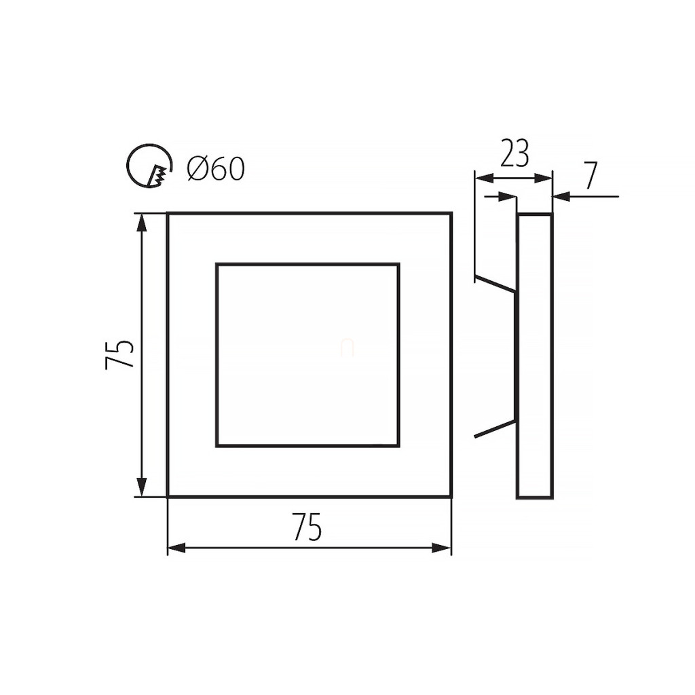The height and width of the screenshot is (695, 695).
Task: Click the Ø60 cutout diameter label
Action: [216, 169]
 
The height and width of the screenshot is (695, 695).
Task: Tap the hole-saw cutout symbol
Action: [149, 166]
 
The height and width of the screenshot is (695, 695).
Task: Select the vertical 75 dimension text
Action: [119, 354]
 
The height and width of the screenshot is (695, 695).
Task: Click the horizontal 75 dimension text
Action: [307, 527]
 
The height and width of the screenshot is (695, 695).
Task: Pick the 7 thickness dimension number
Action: [591, 176]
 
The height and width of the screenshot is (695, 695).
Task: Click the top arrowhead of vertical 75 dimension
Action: [142, 223]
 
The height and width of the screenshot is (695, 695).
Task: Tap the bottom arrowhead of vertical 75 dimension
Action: [142, 487]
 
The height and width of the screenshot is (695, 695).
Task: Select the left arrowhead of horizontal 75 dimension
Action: [176, 548]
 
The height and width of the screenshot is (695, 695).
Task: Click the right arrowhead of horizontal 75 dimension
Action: [442, 548]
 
